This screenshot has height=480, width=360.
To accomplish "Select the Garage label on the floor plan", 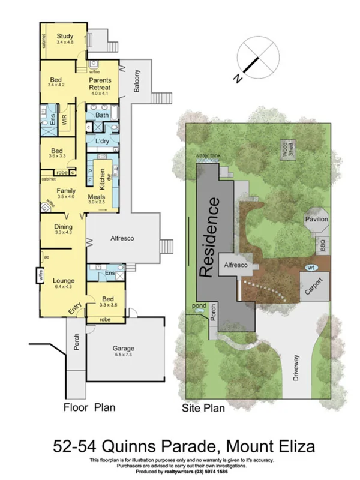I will pyautogui.click(x=124, y=348).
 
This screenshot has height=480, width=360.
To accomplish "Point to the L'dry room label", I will pyautogui.click(x=101, y=141).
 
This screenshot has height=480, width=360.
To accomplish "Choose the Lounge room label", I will pyautogui.click(x=63, y=280).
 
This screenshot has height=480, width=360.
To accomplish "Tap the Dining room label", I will pyautogui.click(x=63, y=227).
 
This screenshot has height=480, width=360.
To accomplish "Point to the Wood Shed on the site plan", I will pyautogui.click(x=287, y=149).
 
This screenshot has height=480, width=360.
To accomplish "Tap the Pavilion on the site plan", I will pyautogui.click(x=316, y=220).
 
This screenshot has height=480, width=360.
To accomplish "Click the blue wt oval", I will pyautogui.click(x=310, y=268).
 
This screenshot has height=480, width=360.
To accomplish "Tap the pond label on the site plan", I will pyautogui.click(x=199, y=305).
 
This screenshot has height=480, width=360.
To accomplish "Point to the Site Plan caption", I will pyautogui.click(x=203, y=409).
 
